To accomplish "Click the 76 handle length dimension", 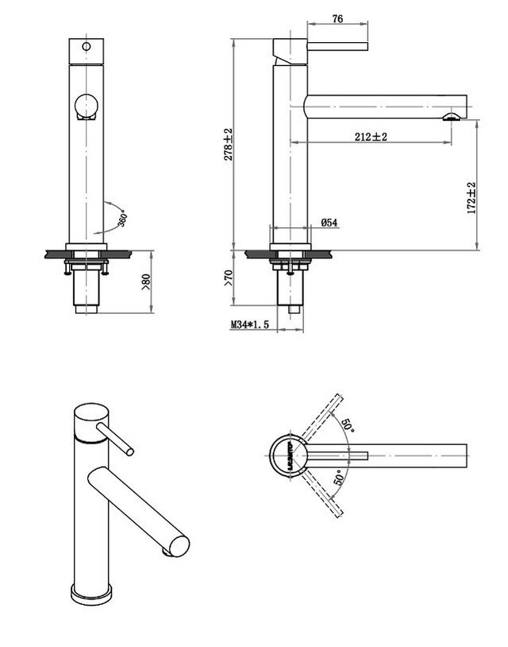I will click(338, 20).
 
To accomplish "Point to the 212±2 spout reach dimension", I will click(371, 137).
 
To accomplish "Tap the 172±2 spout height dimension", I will click(471, 199).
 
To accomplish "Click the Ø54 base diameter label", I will click(329, 223).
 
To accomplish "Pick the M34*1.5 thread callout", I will click(251, 324).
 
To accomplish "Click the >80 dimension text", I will click(145, 281).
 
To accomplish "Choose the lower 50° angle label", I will click(340, 477).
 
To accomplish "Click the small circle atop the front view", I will click(86, 46).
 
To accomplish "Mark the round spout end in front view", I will click(85, 107).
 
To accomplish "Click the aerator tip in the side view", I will click(452, 117).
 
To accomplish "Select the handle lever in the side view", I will click(337, 45).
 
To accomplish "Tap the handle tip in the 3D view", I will click(129, 451).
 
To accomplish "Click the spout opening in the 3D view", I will click(178, 546).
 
